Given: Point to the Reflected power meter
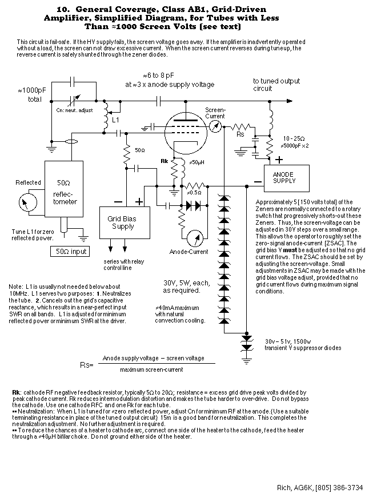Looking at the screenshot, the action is click(x=28, y=202).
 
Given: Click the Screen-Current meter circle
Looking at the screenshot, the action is click(x=215, y=127).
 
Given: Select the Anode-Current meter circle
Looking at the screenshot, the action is click(x=195, y=238).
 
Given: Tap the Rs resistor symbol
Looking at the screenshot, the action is click(x=240, y=127).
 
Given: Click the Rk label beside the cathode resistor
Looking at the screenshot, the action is click(x=165, y=161).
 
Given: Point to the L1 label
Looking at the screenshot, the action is click(x=115, y=120).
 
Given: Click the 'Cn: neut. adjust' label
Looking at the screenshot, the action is click(x=74, y=110).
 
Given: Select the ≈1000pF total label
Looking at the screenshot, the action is click(x=32, y=95).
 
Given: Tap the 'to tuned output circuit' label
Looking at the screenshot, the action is click(x=276, y=85).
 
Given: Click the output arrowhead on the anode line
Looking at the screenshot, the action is click(x=290, y=101).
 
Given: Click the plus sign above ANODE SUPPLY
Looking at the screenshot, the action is click(x=279, y=160).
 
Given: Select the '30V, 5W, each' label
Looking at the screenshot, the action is click(x=186, y=283).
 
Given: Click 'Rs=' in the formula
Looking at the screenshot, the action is click(x=87, y=365).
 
